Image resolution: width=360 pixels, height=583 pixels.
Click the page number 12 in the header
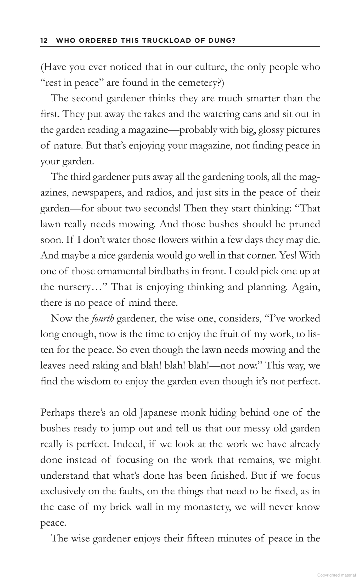(x=44, y=40)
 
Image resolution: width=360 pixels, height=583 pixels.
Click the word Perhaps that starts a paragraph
(x=57, y=413)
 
